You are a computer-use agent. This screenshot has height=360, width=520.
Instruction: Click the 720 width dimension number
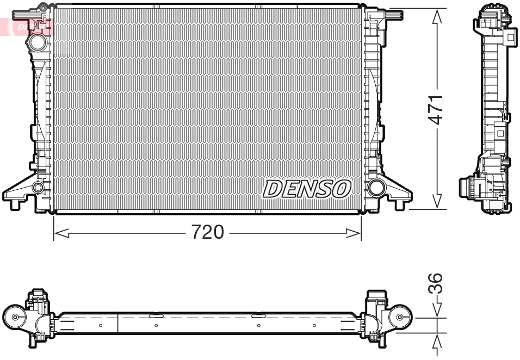pos(207,233)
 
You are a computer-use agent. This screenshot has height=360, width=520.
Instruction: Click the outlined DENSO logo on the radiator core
pos(307,189)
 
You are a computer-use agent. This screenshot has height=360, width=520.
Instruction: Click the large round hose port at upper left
pos(39,42)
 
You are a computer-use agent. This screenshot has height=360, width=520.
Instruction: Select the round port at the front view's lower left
pos(38,188)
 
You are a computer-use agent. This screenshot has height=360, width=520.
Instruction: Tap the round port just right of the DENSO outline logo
pos(375,188)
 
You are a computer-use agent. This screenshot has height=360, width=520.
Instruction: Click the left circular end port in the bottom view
pos(15,318)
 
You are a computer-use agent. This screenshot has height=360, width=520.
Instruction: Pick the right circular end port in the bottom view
pos(400,317)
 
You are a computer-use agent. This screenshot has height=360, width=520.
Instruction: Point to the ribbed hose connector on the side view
pos(467,188)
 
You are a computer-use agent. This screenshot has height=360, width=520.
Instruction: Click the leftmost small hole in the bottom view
pos(101,326)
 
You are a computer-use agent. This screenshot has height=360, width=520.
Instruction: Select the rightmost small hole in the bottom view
pos(314,326)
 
